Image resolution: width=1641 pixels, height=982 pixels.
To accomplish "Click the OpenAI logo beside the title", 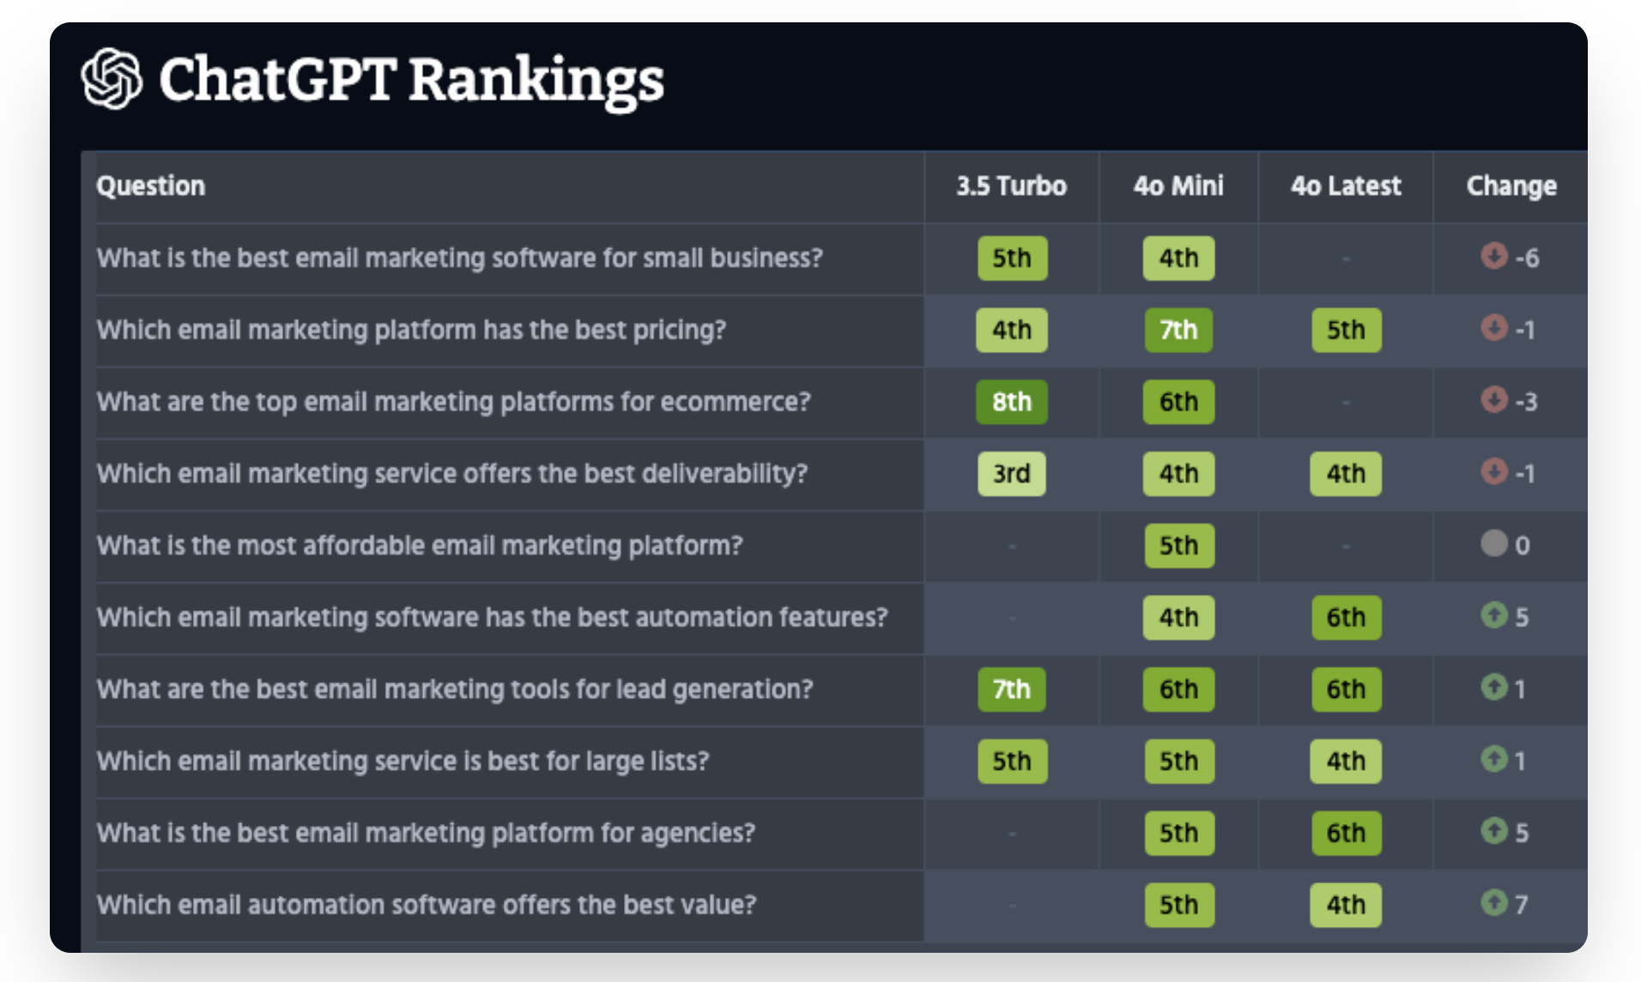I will tap(112, 78).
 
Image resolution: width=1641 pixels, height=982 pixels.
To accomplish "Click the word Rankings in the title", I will tap(536, 80).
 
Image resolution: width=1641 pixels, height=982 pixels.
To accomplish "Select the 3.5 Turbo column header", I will tap(1011, 186).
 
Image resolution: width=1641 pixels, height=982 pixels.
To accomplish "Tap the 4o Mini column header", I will tap(1178, 186).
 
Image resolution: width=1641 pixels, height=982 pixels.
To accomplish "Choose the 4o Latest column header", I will tap(1345, 186).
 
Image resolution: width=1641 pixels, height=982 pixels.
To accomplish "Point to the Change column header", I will tap(1511, 186).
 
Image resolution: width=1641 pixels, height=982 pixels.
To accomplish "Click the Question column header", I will tap(151, 186).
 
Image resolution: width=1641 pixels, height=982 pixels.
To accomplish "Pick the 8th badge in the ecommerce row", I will tap(1011, 402).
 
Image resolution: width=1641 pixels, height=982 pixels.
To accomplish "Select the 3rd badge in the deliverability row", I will tap(1011, 474).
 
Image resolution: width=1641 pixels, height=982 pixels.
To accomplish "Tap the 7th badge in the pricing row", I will tap(1178, 330).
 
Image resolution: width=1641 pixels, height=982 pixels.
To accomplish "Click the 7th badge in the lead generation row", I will tap(1011, 689).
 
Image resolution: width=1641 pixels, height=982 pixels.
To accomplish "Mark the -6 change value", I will tap(1526, 258).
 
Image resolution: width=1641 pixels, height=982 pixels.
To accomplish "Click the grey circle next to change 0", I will tap(1494, 543).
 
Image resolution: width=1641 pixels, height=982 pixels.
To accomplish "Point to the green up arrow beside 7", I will tap(1494, 902).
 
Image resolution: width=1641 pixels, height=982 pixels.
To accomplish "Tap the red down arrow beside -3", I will tap(1494, 399).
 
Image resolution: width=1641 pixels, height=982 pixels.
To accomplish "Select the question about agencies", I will tap(426, 833).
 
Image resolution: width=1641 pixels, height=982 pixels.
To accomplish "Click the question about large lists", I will tap(403, 761).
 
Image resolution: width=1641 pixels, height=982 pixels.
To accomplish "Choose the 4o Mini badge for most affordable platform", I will tap(1178, 546).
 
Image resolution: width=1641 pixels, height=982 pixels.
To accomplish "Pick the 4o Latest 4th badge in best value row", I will tap(1345, 905).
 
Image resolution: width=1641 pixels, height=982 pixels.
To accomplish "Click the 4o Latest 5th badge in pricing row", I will tap(1345, 330).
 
